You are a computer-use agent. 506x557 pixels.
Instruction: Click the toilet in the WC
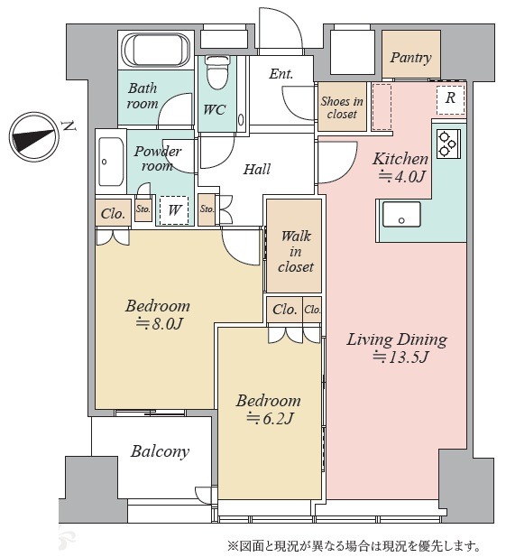[x=217, y=72]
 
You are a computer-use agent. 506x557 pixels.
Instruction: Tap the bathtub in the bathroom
[x=156, y=50]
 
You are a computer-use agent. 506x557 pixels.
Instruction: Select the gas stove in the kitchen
[x=448, y=144]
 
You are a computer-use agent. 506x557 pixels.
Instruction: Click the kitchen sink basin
[x=401, y=215]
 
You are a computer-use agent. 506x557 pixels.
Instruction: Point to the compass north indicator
[x=33, y=137]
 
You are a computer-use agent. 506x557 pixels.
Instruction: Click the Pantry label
[x=410, y=58]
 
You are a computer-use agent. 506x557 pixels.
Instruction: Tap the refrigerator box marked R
[x=450, y=100]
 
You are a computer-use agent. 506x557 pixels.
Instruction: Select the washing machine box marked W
[x=174, y=210]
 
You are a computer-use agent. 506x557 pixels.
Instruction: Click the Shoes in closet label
[x=342, y=107]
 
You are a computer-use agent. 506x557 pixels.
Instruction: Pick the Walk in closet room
[x=294, y=246]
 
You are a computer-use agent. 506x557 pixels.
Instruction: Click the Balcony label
[x=160, y=451]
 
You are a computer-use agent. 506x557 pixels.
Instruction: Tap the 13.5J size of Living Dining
[x=400, y=357]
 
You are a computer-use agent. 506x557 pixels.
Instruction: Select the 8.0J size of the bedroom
[x=160, y=323]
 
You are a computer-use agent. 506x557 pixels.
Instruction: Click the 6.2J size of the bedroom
[x=270, y=418]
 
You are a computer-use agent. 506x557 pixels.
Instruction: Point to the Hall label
[x=257, y=169]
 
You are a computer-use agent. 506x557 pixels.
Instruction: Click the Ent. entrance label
[x=281, y=74]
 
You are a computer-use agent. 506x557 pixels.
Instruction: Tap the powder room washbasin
[x=111, y=162]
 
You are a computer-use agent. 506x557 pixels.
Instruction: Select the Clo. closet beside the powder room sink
[x=113, y=214]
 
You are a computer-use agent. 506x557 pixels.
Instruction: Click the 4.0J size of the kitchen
[x=402, y=176]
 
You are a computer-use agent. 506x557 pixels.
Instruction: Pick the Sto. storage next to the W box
[x=143, y=209]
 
